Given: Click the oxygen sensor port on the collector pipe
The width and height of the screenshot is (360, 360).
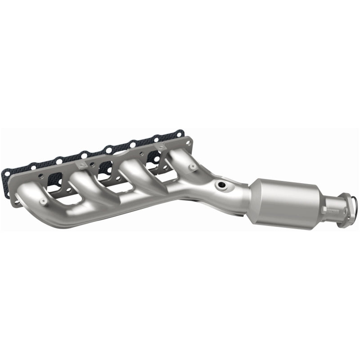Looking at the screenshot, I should [x=220, y=185].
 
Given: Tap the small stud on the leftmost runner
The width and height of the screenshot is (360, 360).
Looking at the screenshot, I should [x=43, y=201].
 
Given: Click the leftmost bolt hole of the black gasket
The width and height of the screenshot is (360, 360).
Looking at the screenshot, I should [x=8, y=171].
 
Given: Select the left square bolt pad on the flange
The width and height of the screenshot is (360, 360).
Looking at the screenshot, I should [x=81, y=165].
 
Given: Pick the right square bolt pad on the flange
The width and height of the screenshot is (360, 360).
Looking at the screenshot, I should [x=158, y=146].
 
